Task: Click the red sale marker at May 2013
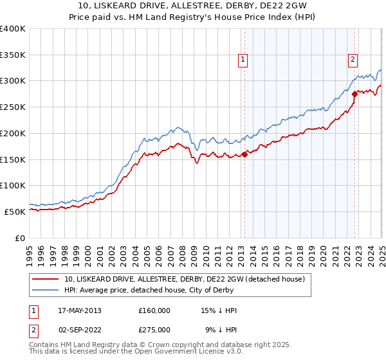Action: (244, 154)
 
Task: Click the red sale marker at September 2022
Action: (354, 94)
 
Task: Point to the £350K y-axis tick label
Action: (13, 55)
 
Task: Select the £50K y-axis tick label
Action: (15, 212)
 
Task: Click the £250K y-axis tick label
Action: (13, 107)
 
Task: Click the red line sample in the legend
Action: (46, 278)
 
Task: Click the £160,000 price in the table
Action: (154, 310)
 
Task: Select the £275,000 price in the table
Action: (154, 330)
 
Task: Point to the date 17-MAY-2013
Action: (80, 310)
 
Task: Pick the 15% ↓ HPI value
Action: (219, 310)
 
